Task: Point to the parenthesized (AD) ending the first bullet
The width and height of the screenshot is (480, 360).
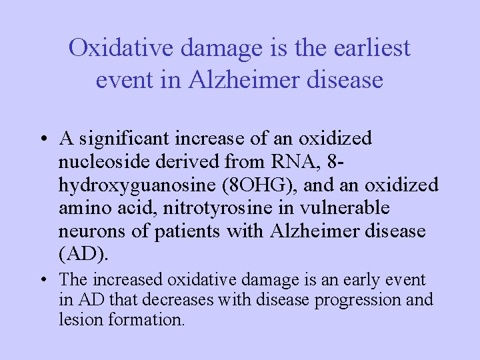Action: [83, 255]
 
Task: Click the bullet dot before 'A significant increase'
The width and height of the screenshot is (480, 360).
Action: [42, 140]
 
